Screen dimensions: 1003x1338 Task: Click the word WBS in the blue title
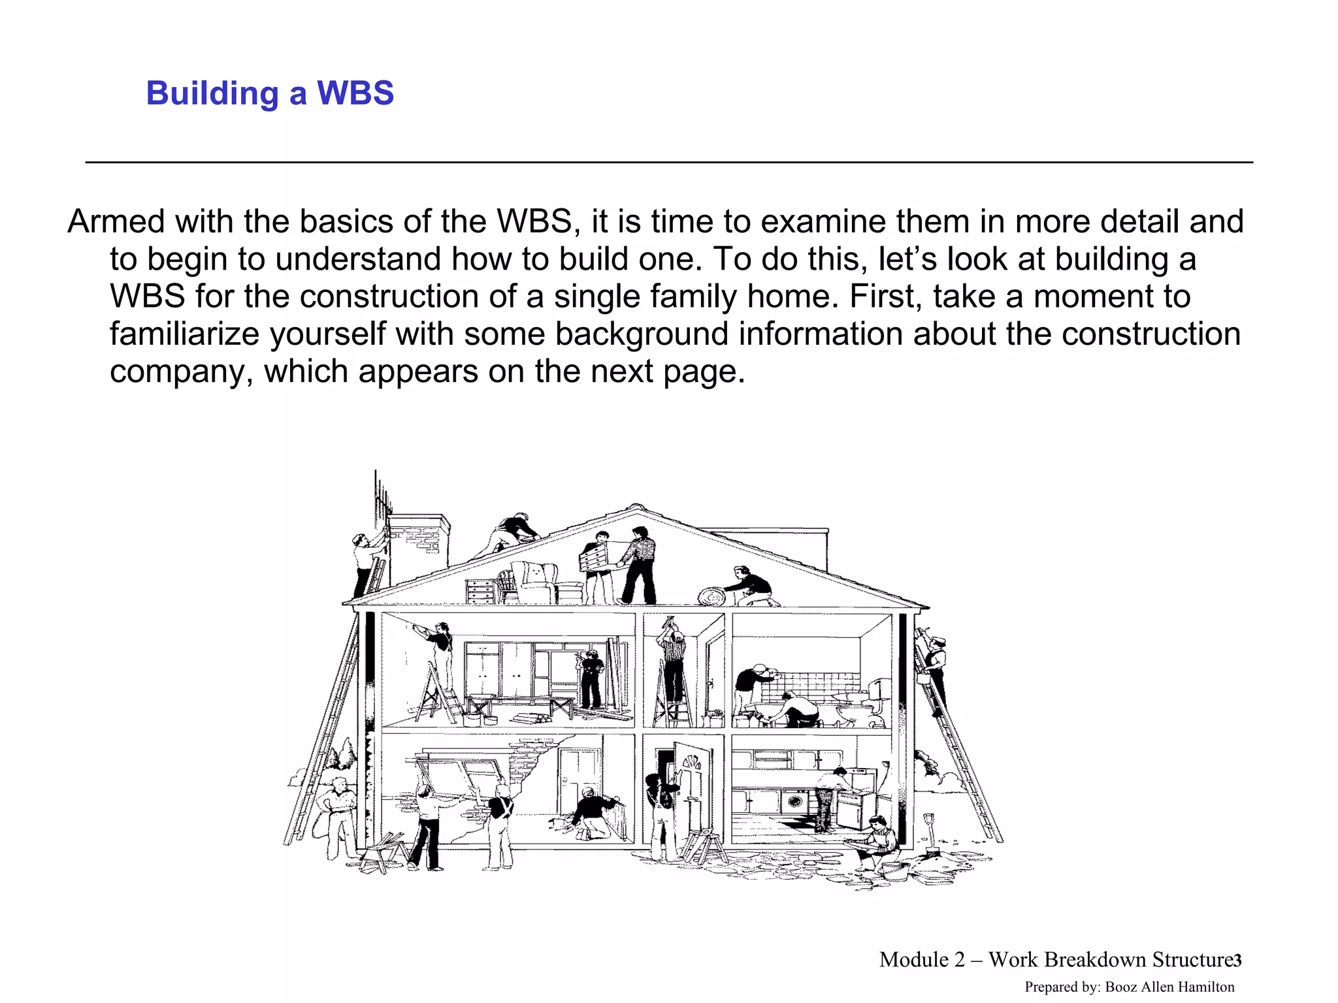point(355,93)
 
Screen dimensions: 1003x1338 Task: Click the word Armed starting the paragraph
point(116,222)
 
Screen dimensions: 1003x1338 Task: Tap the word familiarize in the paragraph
point(184,334)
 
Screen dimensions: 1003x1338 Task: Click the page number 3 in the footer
point(1237,961)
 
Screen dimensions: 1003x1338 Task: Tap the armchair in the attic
point(534,582)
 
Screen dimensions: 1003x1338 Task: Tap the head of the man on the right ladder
point(938,644)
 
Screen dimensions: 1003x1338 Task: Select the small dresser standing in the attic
point(481,591)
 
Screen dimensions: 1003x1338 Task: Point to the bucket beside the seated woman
point(891,868)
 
